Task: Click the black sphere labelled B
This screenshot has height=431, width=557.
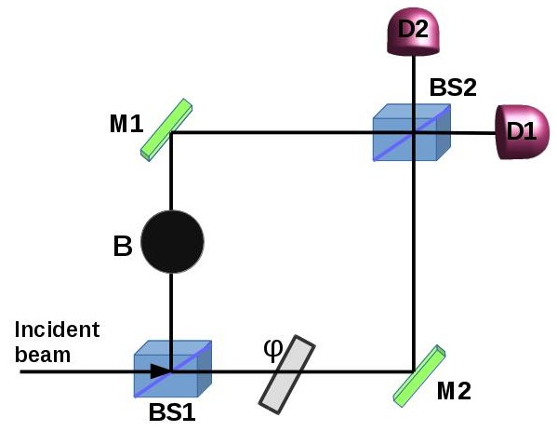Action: pos(172,241)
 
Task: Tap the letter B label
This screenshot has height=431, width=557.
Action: pos(121,248)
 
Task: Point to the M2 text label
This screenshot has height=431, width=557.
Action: pos(453,389)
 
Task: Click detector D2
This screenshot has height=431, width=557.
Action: pos(413,29)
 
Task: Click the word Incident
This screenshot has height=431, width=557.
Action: pos(57,330)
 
